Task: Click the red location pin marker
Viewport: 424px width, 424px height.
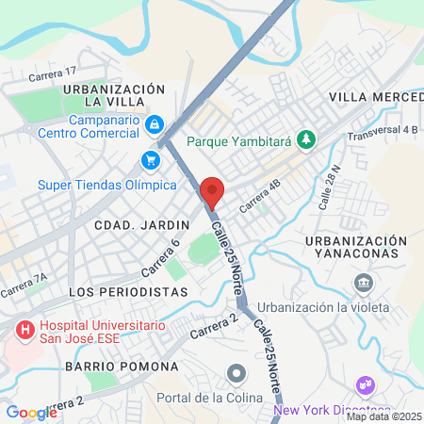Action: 212,191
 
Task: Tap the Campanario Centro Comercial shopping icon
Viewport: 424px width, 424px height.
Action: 154,123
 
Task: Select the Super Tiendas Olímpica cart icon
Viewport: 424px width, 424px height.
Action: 150,159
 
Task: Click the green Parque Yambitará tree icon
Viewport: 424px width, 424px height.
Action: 305,141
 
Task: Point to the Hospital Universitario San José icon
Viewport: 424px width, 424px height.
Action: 23,331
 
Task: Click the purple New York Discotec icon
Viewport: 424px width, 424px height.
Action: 363,385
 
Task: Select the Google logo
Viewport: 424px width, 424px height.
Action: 31,412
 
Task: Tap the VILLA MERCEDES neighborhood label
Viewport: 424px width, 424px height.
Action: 375,97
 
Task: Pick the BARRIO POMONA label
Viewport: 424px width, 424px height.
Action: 122,366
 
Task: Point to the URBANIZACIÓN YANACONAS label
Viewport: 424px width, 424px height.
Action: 357,247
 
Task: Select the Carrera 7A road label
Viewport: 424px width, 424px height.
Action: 24,285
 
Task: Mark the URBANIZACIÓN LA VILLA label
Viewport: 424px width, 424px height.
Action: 114,94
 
